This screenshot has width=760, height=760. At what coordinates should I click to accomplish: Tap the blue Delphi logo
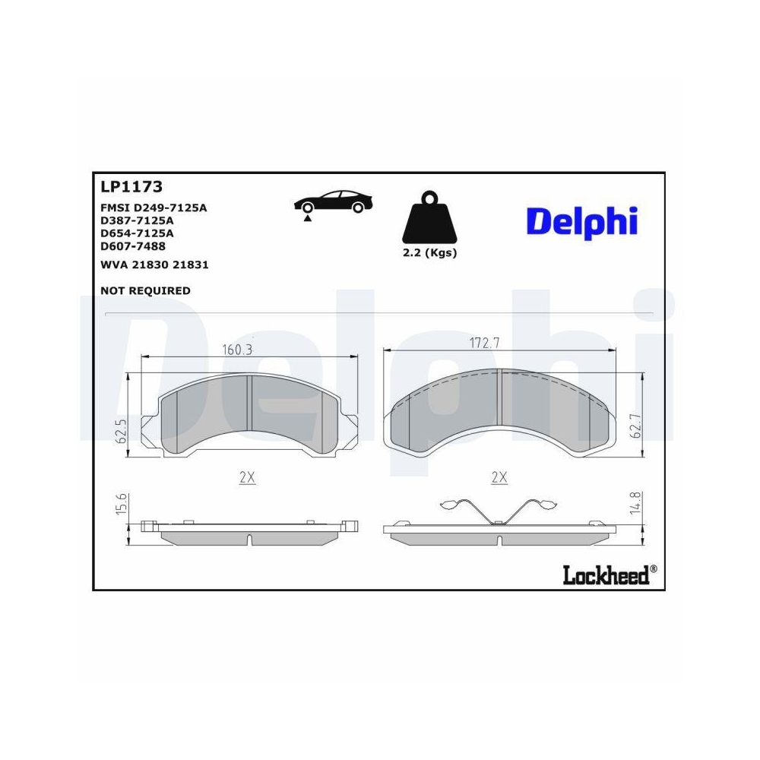coord(581,221)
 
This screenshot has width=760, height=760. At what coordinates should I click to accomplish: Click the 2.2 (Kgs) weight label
coord(429,253)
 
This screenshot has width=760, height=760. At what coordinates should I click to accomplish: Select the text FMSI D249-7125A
coord(154,207)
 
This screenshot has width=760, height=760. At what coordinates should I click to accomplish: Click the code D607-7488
coord(133,246)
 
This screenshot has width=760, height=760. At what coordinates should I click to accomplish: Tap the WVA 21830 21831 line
coord(154,265)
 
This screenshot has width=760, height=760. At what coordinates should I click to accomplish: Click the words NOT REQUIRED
coord(145,290)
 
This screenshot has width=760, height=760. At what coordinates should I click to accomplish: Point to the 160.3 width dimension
coord(236,350)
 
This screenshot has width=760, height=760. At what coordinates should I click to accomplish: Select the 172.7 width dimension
coord(484,343)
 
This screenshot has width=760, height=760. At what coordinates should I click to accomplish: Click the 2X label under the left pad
coord(246,478)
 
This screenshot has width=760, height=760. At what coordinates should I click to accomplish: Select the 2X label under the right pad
coord(499,478)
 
